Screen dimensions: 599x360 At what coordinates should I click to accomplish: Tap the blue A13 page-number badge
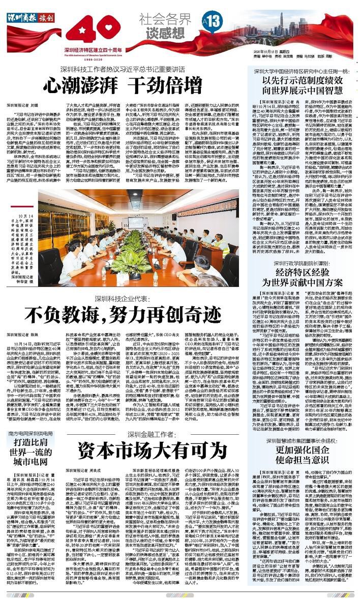tap(212, 21)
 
